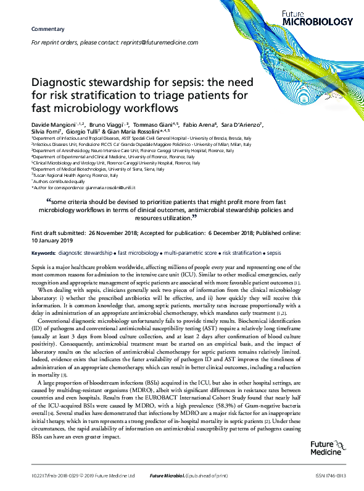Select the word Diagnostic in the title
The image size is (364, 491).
pyautogui.click(x=62, y=83)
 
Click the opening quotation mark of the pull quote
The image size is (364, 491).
pyautogui.click(x=49, y=200)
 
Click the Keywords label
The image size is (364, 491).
pyautogui.click(x=43, y=254)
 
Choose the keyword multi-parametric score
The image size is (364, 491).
pyautogui.click(x=190, y=254)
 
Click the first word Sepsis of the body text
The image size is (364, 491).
pyautogui.click(x=39, y=265)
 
